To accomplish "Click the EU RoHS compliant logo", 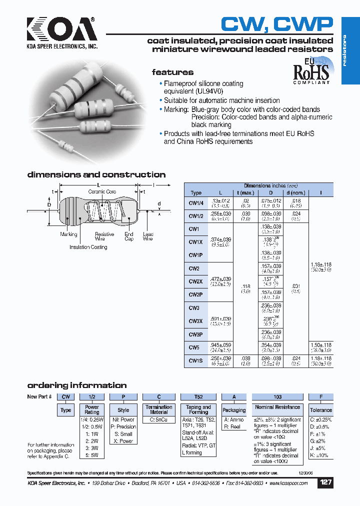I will coord(311,72).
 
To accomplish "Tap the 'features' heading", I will coord(172,72).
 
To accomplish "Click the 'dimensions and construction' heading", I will coord(96,174).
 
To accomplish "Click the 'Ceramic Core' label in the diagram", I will coord(102,191).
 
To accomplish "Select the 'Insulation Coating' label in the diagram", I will coord(88,247).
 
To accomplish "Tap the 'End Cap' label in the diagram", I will coord(129,236).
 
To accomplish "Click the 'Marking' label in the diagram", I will coord(68,234).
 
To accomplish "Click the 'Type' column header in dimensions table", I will coord(196,192).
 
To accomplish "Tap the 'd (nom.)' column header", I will coord(295,192).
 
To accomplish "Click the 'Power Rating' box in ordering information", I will coord(92,409).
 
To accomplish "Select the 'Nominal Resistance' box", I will coord(277,407).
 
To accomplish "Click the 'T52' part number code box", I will coord(198,396).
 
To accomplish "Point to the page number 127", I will coord(325,482).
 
